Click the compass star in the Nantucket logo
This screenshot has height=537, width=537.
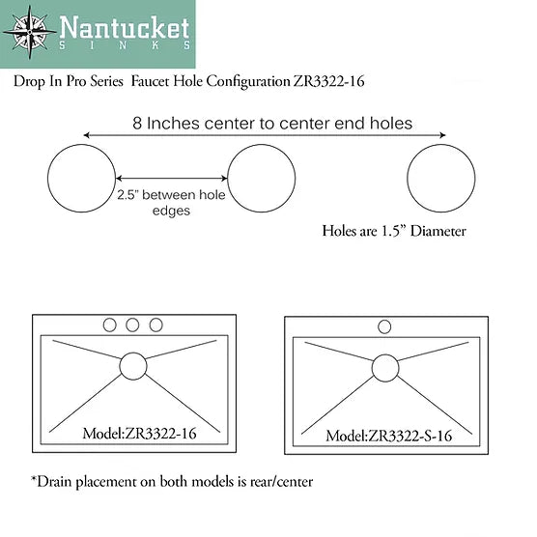point(26,33)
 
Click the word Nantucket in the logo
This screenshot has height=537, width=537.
point(124,26)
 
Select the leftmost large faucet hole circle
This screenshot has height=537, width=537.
point(82,180)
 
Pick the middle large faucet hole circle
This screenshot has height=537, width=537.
point(261,180)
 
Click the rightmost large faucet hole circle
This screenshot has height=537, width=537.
point(441,180)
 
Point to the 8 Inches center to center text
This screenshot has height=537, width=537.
point(272,123)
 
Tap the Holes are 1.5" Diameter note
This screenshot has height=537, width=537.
point(393,232)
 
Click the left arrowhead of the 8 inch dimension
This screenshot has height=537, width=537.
point(88,136)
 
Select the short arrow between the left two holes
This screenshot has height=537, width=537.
point(171,179)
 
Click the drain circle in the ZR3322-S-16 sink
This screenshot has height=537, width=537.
point(384,367)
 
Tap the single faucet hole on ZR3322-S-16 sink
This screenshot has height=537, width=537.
point(384,326)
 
